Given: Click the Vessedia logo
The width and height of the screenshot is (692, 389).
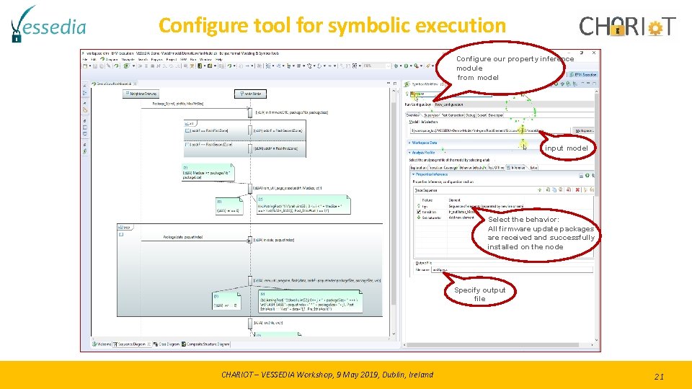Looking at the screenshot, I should click(x=48, y=25).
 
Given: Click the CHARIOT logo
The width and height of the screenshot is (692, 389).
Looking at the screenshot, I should click(x=628, y=27).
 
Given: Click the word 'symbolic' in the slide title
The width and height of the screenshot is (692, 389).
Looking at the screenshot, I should click(x=368, y=26).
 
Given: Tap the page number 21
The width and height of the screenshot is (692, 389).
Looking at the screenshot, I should click(x=658, y=376).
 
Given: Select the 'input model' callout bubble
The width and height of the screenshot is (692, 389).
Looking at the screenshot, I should click(x=567, y=148).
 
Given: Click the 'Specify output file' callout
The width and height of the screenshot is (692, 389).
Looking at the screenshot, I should click(x=479, y=294).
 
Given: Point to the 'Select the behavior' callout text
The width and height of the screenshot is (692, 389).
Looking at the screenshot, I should click(x=541, y=233).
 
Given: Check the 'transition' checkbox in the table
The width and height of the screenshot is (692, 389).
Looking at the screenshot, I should click(x=419, y=212).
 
